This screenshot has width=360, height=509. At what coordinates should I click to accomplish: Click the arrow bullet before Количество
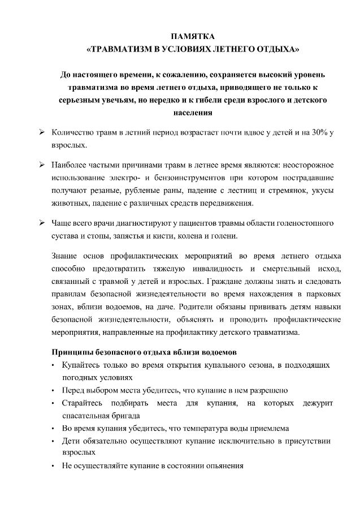(42, 133)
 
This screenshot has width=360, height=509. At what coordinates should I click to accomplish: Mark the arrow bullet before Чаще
(42, 222)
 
